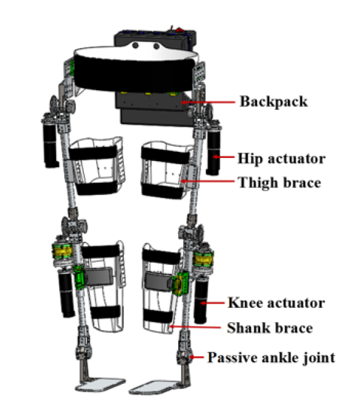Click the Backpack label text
tap(274, 102)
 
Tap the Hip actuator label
tap(282, 159)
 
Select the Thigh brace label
tap(279, 183)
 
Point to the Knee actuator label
tap(276, 302)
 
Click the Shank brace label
tap(270, 328)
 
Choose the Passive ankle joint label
tap(271, 357)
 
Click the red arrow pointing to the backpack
tap(208, 102)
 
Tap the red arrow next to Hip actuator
tap(223, 157)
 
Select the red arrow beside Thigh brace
tap(207, 181)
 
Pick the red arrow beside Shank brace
tap(195, 327)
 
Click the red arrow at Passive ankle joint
tap(197, 357)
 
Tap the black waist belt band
tap(134, 75)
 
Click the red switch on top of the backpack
tap(179, 30)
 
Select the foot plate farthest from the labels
tap(100, 384)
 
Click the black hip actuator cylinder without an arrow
tap(51, 146)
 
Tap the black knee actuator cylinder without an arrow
tap(66, 295)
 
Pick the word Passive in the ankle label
tap(229, 357)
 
